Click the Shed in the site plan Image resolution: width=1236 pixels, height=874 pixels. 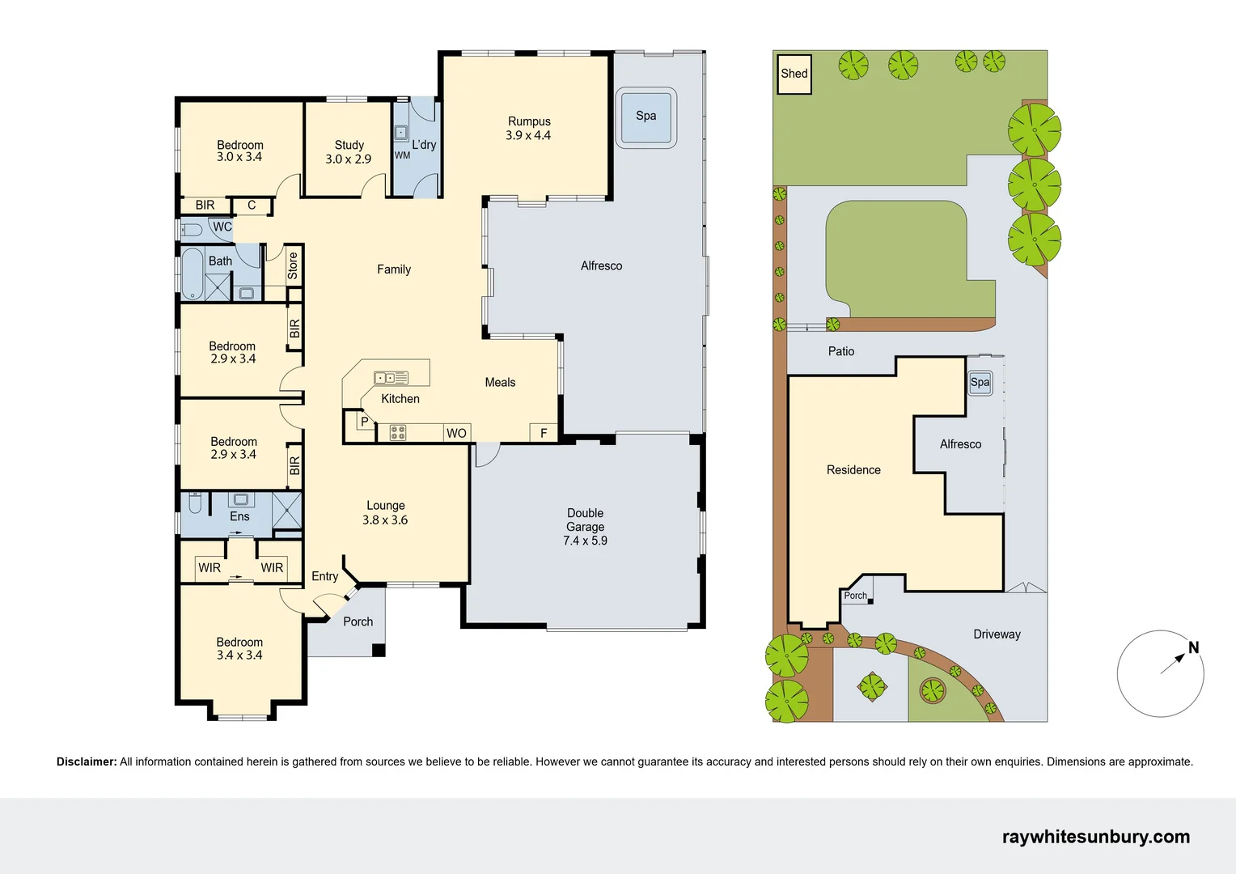pos(794,74)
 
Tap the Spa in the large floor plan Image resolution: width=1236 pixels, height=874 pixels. pos(646,117)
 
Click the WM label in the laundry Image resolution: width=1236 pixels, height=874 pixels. pos(402,155)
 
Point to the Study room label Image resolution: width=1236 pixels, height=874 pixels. pos(349,145)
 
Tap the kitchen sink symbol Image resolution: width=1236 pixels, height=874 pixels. pos(391,378)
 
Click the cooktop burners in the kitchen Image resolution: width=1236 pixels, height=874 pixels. pos(398,433)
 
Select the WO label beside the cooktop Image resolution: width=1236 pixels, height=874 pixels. pos(457,434)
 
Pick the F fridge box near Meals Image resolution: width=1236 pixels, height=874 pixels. pos(544,433)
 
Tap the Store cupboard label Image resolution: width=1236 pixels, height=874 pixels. pos(293,265)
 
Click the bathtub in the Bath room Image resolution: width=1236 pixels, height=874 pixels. pos(193,274)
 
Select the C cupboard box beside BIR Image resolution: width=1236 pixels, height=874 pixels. pos(252,206)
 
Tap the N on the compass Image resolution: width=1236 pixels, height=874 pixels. pos(1193,647)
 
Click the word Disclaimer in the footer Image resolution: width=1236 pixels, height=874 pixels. pos(87,762)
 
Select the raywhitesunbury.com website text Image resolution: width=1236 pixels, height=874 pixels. pos(1096,837)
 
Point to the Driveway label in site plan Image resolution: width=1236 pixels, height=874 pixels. pos(997,634)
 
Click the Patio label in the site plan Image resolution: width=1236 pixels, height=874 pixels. pos(841,351)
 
